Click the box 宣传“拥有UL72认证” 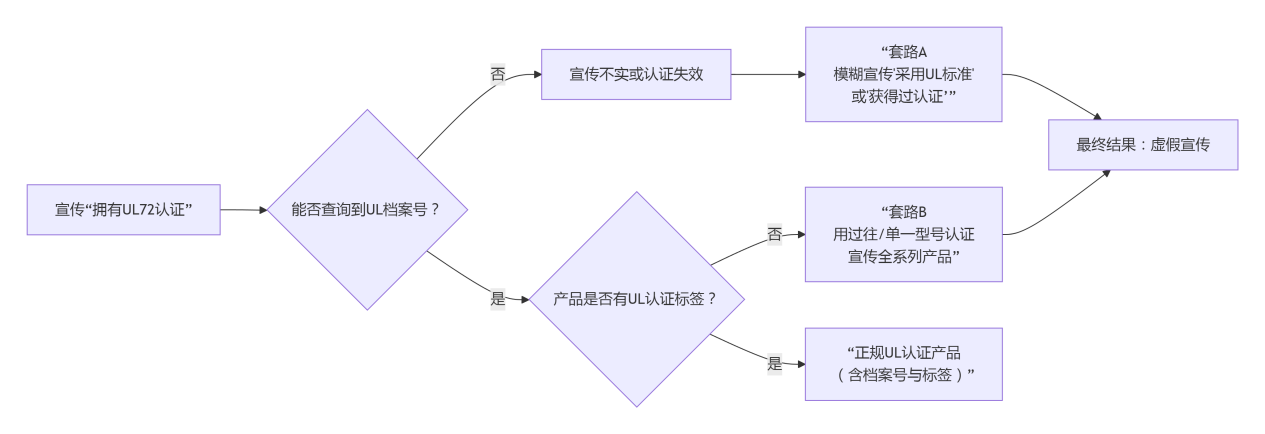123,210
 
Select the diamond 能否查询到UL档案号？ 366,210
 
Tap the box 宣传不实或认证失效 636,75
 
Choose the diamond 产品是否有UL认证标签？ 635,299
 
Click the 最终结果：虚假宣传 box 1142,145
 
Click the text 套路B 903,212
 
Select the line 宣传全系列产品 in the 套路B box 903,257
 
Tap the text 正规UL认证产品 903,353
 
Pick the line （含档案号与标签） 903,375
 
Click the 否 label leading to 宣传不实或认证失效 497,75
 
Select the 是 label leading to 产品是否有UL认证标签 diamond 497,299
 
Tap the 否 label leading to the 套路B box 774,235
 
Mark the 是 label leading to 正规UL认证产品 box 774,364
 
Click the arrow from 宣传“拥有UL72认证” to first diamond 244,210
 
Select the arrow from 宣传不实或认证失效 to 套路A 767,75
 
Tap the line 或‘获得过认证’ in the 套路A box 903,97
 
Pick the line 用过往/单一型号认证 903,235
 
